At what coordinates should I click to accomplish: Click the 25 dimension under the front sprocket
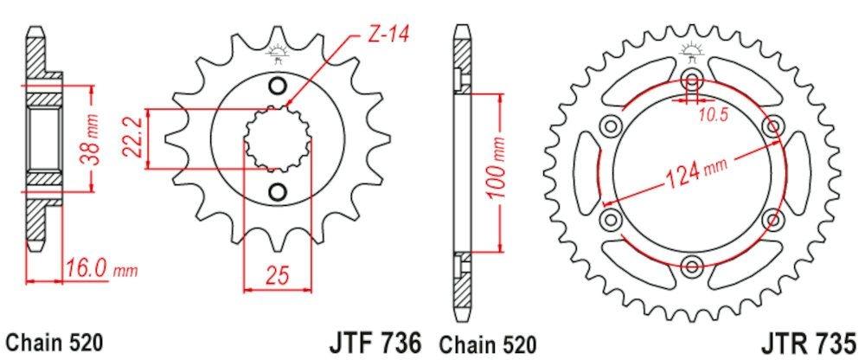pos(278,277)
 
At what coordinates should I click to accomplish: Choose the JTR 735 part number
pos(809,342)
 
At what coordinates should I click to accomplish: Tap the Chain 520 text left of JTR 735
pos(487,343)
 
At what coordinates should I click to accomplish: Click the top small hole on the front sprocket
pos(278,86)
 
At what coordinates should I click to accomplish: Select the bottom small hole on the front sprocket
pos(278,190)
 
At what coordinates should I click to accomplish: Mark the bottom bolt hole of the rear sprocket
pos(692,265)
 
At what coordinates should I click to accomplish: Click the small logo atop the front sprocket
pos(278,52)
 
